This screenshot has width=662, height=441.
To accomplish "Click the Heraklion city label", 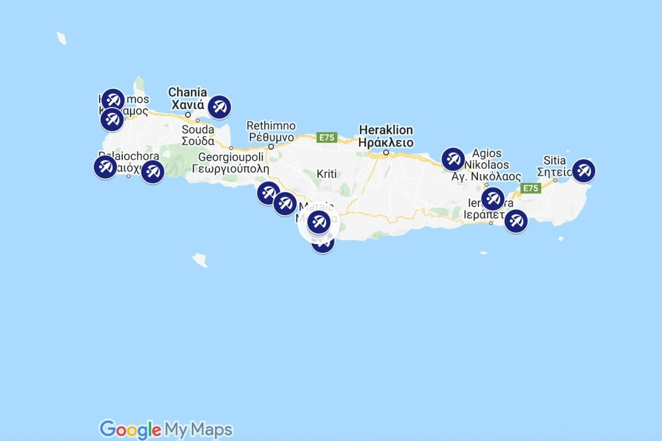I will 386,136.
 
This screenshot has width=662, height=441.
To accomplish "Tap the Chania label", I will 188,99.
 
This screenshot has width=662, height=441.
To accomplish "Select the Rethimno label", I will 271,131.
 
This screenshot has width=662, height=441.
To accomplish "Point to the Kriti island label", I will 327,174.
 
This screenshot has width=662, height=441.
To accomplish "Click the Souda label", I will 198,135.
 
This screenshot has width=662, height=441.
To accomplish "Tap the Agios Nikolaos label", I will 486,165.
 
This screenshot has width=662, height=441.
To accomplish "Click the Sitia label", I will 554,166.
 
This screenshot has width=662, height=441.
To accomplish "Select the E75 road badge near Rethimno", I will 327,138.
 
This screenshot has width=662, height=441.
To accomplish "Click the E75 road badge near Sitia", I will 530,188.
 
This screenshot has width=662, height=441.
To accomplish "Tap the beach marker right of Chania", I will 219,107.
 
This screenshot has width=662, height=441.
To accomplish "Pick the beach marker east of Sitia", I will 583,171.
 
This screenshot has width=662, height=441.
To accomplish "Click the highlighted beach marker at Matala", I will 319,222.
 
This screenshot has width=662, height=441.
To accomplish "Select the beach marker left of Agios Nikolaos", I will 453,159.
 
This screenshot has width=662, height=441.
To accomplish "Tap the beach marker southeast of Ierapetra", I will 515,220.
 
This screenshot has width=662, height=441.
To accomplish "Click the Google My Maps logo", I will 166,429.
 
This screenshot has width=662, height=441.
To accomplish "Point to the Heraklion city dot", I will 386,153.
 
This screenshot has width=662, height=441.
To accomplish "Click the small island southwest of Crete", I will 200,260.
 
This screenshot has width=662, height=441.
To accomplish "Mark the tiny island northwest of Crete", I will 61,38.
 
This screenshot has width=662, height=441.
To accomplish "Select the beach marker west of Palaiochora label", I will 105,167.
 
